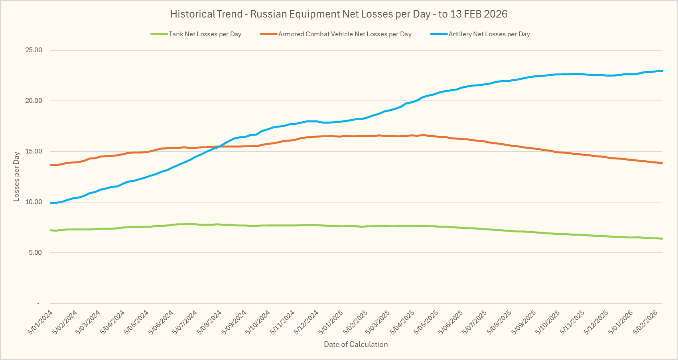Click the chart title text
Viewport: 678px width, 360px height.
pyautogui.click(x=339, y=14)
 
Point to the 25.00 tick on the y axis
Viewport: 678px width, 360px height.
pyautogui.click(x=34, y=50)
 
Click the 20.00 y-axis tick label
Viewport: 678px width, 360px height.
pyautogui.click(x=34, y=101)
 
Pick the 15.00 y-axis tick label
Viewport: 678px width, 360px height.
pyautogui.click(x=34, y=151)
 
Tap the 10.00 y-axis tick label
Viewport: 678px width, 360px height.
pyautogui.click(x=34, y=202)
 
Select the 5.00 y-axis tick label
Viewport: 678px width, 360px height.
pyautogui.click(x=35, y=253)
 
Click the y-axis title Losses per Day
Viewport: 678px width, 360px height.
pyautogui.click(x=16, y=176)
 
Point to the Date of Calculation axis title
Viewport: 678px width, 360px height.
pyautogui.click(x=356, y=344)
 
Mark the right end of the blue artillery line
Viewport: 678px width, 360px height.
pyautogui.click(x=662, y=71)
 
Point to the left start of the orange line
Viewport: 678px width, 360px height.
pyautogui.click(x=51, y=165)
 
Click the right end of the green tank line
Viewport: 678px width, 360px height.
pyautogui.click(x=662, y=238)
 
